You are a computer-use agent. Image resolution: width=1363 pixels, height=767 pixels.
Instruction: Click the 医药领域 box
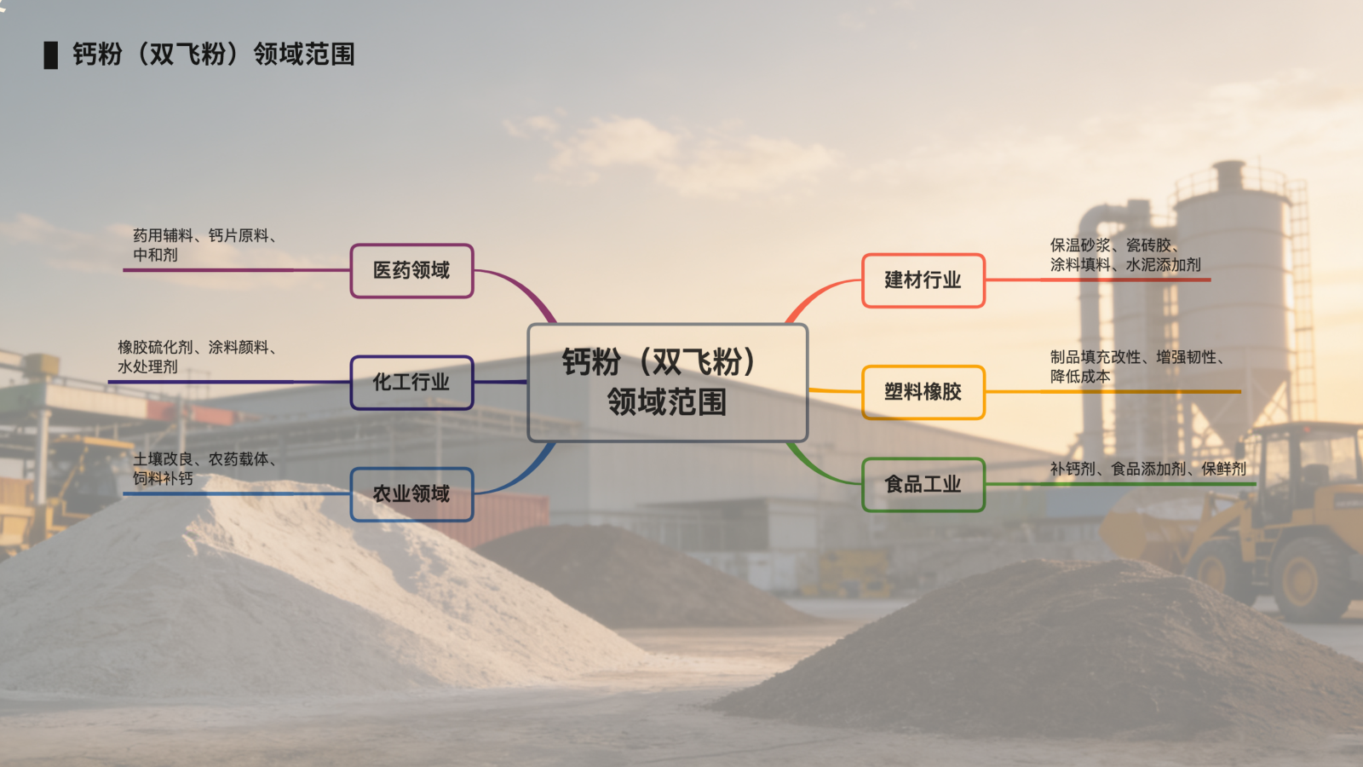[x=411, y=271]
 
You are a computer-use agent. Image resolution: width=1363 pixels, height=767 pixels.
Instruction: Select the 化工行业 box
[x=411, y=383]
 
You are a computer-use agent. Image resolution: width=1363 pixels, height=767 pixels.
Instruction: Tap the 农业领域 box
[x=411, y=494]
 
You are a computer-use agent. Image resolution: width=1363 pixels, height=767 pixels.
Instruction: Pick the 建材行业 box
[x=923, y=280]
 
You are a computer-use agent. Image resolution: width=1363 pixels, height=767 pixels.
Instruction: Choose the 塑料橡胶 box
[x=923, y=392]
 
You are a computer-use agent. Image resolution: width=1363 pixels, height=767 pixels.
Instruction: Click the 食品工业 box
[x=923, y=485]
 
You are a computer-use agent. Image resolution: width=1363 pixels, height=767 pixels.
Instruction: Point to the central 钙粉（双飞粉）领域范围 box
[x=667, y=383]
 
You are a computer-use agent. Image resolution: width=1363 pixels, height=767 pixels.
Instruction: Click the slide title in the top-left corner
[x=213, y=55]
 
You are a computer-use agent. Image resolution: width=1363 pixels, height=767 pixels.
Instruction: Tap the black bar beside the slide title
[x=51, y=55]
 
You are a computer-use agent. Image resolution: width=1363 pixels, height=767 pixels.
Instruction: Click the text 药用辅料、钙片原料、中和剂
[x=204, y=245]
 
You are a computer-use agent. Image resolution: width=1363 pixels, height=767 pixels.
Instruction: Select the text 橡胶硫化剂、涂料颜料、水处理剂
[x=197, y=356]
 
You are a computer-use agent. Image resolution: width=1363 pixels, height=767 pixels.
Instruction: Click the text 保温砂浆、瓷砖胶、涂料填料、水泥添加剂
[x=1124, y=255]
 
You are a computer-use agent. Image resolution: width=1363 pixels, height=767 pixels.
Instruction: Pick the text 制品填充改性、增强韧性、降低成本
[x=1136, y=366]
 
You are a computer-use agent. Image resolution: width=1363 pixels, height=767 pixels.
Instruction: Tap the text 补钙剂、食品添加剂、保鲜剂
[x=1147, y=469]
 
